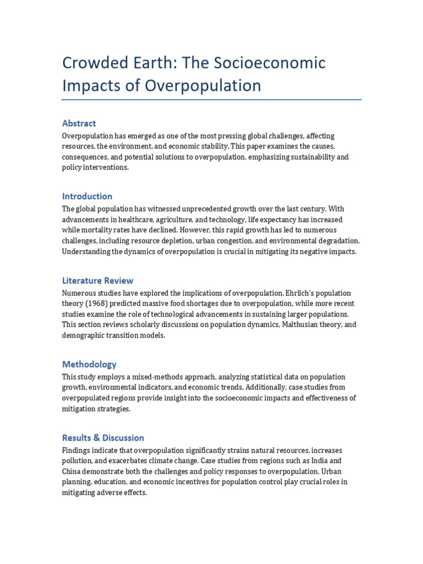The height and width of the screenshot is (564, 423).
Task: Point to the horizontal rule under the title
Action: pos(211,100)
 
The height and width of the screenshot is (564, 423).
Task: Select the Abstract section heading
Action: pos(79,123)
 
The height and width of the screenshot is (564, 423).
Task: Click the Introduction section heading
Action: pos(87,196)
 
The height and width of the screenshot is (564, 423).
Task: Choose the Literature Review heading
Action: pos(97,280)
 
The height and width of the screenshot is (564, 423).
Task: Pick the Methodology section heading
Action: pos(89,364)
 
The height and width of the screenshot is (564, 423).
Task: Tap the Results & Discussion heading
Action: pos(103,438)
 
